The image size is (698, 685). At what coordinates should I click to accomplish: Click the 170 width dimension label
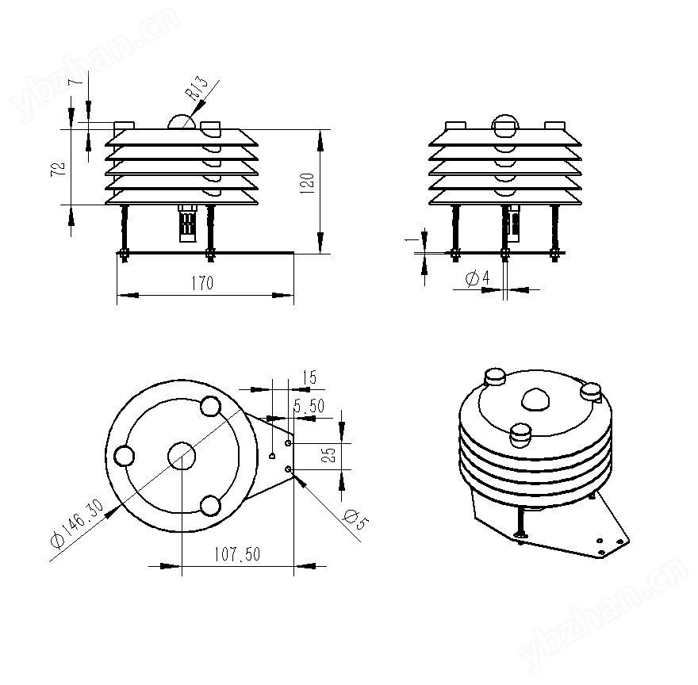coord(202,283)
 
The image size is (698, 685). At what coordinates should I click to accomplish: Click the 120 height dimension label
coord(308,183)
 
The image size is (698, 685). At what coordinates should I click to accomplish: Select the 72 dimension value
coord(59,169)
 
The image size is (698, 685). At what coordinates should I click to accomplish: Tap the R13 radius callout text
coord(196,89)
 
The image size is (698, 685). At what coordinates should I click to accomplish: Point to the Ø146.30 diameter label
coord(77,524)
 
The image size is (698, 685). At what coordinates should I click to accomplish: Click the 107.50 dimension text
coord(237,554)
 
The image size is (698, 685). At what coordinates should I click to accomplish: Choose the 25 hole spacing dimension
coord(329,454)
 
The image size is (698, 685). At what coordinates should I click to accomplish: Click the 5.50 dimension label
coord(309,406)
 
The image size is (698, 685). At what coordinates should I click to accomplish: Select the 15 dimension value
coord(309,377)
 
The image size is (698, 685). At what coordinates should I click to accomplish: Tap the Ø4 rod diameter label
coord(477,278)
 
